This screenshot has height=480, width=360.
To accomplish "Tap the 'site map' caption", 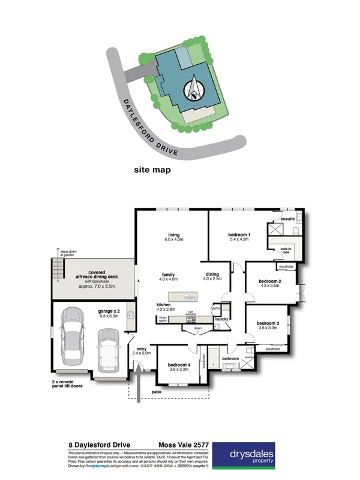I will point(152,170).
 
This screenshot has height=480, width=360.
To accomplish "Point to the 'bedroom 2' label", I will point(269,283).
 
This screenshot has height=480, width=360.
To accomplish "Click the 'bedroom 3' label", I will point(267,325).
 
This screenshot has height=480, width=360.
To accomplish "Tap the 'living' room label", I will point(174,237).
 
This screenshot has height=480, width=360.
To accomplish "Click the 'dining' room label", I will point(212,275).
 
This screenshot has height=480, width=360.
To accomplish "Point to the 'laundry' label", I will point(220,319).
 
